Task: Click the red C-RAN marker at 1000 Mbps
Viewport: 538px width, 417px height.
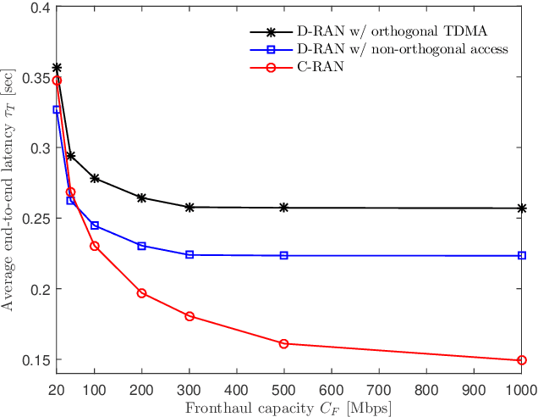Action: tap(522, 360)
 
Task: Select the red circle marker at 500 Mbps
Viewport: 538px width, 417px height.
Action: tap(284, 343)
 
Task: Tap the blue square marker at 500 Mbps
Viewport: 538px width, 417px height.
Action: tap(284, 255)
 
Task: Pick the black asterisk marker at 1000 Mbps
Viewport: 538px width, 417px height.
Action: tap(522, 208)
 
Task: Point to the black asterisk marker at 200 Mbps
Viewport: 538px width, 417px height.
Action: tap(142, 197)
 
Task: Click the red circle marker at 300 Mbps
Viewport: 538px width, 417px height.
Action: tap(189, 316)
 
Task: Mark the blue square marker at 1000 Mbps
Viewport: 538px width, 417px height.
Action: tap(522, 255)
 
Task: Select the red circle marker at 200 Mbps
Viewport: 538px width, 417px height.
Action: tap(142, 293)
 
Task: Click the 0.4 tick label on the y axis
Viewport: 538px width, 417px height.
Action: tap(35, 7)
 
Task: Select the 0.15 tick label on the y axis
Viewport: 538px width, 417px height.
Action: tap(31, 360)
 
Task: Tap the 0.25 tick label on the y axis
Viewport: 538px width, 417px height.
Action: tap(31, 219)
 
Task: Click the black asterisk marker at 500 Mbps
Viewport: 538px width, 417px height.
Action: tap(284, 208)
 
